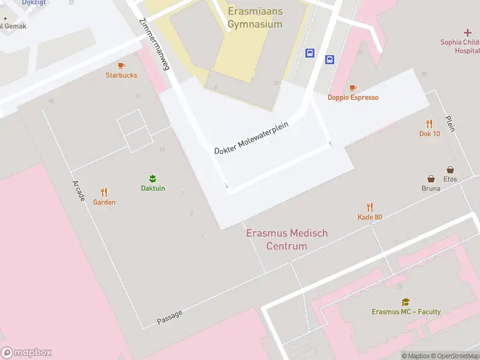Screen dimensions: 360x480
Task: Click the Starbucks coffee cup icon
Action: point(121,65)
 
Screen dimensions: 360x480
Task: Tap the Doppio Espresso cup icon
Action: point(353,88)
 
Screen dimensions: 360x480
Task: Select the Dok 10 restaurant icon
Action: point(429,124)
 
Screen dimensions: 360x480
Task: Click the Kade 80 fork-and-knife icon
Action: point(370,207)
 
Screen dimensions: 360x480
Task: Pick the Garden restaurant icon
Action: point(104,193)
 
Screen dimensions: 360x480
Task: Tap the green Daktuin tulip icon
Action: point(152,178)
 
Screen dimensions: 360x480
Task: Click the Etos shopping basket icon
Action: point(450,170)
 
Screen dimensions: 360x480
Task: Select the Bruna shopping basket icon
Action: point(431,179)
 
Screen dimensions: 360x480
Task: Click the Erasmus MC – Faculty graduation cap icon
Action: point(406,302)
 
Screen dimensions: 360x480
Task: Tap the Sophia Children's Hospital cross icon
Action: point(467,32)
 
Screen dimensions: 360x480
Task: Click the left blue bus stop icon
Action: point(310,53)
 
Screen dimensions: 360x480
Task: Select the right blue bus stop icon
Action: point(329,59)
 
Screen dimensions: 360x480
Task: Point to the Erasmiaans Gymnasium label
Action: point(255,18)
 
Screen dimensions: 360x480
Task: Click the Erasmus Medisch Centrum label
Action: point(287,239)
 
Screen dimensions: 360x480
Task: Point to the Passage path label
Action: point(169,316)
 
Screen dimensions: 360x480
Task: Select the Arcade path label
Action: point(79,190)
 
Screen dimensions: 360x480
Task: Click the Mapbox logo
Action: point(26,353)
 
